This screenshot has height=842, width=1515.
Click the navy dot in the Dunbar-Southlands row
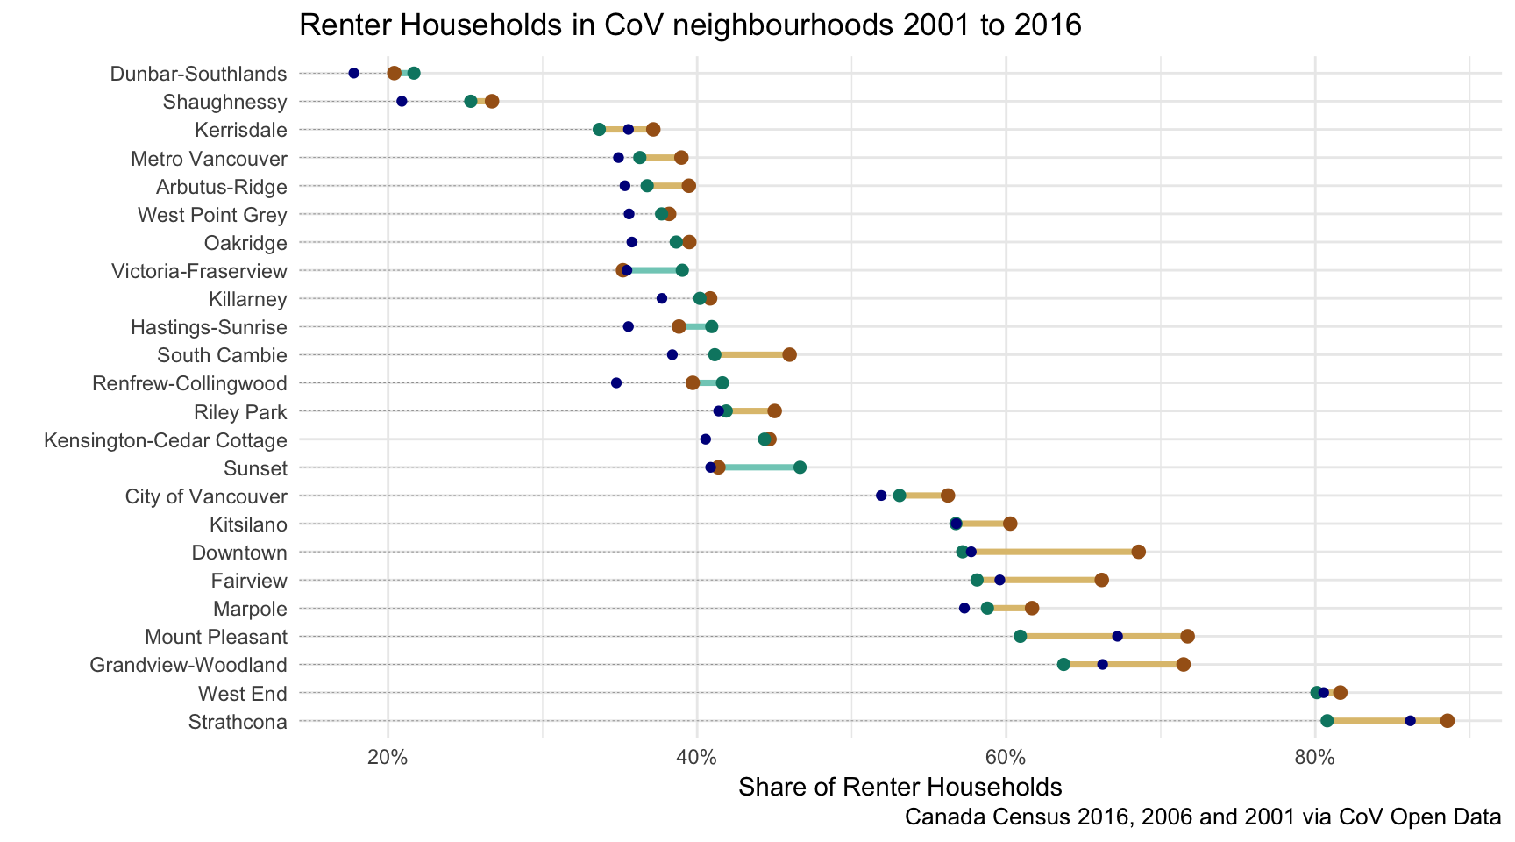coord(354,73)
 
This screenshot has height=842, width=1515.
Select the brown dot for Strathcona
coord(1447,721)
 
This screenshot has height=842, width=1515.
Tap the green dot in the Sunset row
coord(800,467)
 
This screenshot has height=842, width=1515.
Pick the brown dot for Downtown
coord(1138,552)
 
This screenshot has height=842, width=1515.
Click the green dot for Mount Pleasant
coord(1020,636)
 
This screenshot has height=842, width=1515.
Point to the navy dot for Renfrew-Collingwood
coord(616,383)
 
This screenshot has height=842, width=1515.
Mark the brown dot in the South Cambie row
coord(789,354)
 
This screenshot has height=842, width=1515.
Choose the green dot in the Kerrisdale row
coord(599,130)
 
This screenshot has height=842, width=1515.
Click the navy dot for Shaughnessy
coord(402,102)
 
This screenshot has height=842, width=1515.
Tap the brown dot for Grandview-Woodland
coord(1184,664)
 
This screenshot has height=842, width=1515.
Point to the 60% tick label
coord(1006,755)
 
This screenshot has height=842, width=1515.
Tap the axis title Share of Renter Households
coord(900,787)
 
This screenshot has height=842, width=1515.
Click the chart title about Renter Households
coord(690,25)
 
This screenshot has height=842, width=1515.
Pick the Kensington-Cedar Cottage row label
coord(166,440)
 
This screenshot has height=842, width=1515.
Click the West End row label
coord(243,694)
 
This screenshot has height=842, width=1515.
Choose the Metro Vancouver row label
coord(209,159)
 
